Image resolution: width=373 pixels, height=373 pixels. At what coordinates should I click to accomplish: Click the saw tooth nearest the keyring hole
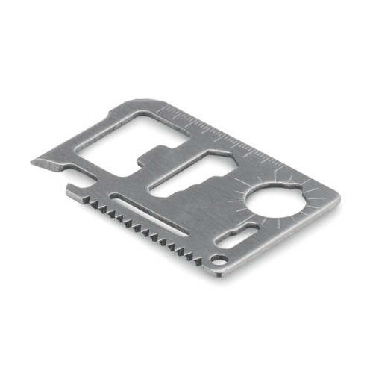pyautogui.click(x=198, y=257)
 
